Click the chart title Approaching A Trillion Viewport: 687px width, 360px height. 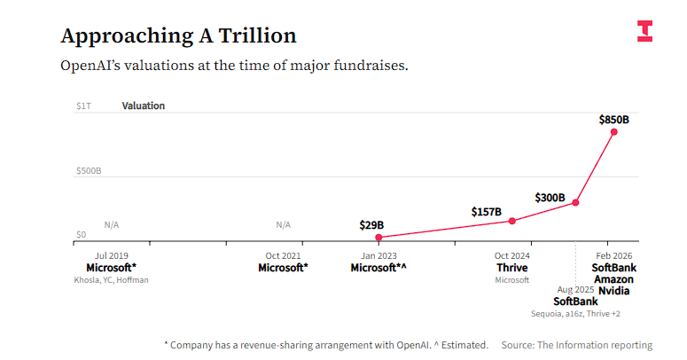(178, 35)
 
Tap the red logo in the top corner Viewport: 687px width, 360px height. (644, 30)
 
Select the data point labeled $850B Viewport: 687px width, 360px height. (613, 132)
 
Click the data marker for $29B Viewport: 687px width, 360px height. (379, 238)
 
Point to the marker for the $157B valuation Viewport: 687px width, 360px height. (512, 221)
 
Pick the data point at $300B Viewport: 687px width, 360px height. (576, 203)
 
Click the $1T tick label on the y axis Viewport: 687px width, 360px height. (82, 106)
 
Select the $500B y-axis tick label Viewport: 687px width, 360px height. (89, 170)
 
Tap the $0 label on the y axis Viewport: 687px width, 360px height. (81, 235)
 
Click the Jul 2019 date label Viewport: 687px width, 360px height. (111, 255)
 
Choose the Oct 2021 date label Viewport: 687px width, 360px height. (283, 255)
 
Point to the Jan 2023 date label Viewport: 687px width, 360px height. (379, 255)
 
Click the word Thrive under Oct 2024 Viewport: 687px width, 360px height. (511, 268)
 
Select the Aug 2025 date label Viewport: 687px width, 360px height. (575, 290)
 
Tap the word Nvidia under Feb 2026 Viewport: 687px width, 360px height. (613, 291)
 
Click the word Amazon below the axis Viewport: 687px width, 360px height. (613, 279)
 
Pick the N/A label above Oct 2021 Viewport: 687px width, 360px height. (283, 225)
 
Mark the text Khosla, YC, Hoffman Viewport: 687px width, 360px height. (111, 280)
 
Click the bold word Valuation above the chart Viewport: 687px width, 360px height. (144, 106)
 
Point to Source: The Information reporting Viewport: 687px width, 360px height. (576, 345)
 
